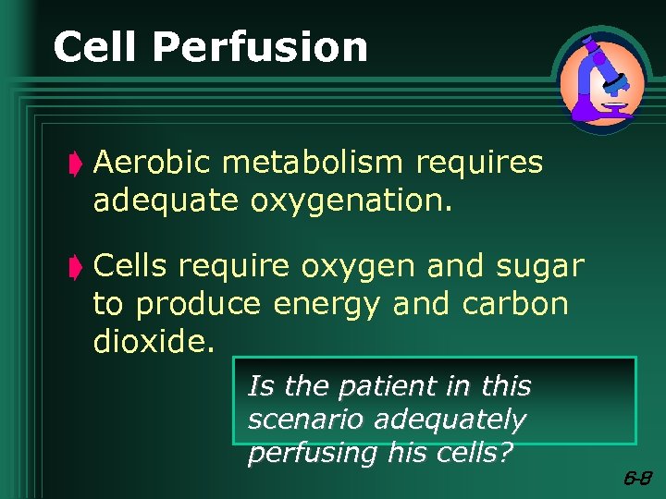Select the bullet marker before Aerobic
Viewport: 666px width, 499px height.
tap(78, 164)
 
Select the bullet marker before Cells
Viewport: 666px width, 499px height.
tap(78, 268)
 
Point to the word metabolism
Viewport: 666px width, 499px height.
tap(314, 163)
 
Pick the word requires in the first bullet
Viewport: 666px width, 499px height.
tap(479, 164)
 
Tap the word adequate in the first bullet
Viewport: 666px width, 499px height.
tap(166, 201)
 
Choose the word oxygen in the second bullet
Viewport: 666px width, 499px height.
tap(358, 268)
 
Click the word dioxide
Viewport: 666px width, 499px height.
tap(154, 341)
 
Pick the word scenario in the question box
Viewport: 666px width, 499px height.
tap(306, 420)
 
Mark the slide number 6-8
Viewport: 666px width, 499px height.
tap(637, 479)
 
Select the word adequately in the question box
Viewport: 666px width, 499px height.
tap(450, 420)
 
